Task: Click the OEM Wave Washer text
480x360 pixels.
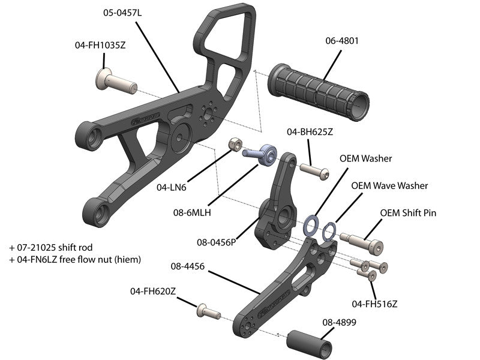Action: click(x=389, y=185)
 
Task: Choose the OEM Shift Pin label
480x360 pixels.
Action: click(x=407, y=213)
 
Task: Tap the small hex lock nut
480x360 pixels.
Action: click(x=235, y=145)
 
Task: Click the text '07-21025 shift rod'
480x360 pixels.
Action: click(x=50, y=247)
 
